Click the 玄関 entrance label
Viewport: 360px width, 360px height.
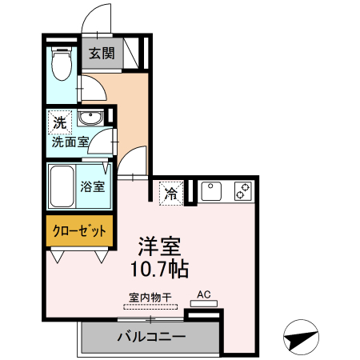pos(100,54)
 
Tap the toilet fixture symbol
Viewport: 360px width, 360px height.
pos(59,64)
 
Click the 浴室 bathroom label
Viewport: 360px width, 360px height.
pos(93,187)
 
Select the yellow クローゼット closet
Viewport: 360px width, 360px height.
pos(79,230)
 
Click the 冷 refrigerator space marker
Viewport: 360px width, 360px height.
pos(170,193)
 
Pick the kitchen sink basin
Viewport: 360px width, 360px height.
pos(211,192)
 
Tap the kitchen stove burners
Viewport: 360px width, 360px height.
pos(242,191)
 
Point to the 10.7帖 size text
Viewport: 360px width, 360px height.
pos(161,267)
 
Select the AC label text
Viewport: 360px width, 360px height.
pos(203,294)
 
